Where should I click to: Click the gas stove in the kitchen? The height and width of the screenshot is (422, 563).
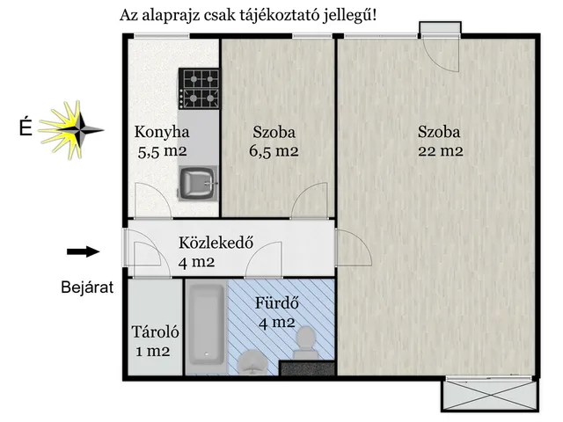pyautogui.click(x=198, y=88)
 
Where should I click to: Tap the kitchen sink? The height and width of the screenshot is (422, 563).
pyautogui.click(x=197, y=184)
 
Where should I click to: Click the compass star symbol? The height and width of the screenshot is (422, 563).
pyautogui.click(x=73, y=128)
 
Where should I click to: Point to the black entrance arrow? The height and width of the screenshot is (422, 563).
pyautogui.click(x=83, y=252)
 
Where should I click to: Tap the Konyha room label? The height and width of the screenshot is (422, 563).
pyautogui.click(x=162, y=133)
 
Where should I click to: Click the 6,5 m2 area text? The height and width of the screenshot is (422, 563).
pyautogui.click(x=274, y=150)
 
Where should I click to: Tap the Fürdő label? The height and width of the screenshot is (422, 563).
pyautogui.click(x=277, y=304)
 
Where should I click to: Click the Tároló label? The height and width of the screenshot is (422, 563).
pyautogui.click(x=155, y=333)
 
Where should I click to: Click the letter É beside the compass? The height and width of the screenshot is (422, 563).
pyautogui.click(x=26, y=129)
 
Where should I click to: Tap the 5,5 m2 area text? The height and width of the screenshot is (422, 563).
pyautogui.click(x=162, y=150)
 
